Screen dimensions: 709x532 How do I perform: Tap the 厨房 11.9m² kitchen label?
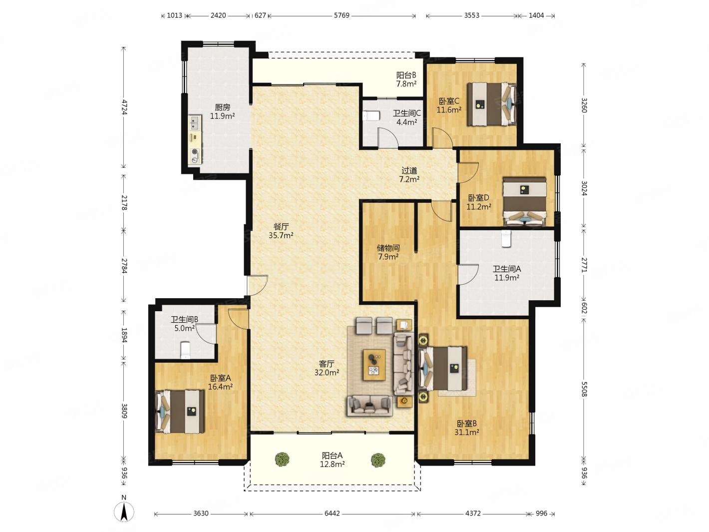pyautogui.click(x=223, y=112)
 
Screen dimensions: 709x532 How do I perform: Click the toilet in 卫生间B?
pyautogui.click(x=185, y=351)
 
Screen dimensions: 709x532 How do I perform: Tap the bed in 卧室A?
pyautogui.click(x=180, y=412)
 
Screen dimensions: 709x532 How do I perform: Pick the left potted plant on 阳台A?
pyautogui.click(x=282, y=459)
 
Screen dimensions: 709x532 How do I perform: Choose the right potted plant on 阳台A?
pyautogui.click(x=377, y=460)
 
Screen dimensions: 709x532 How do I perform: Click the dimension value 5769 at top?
pyautogui.click(x=342, y=15)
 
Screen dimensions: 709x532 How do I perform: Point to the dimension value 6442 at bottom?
pyautogui.click(x=332, y=513)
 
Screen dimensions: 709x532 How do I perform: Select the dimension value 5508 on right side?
pyautogui.click(x=584, y=389)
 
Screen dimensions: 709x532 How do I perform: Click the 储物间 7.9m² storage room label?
pyautogui.click(x=388, y=252)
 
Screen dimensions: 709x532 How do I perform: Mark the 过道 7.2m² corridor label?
pyautogui.click(x=409, y=175)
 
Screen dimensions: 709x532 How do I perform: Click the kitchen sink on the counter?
pyautogui.click(x=194, y=123)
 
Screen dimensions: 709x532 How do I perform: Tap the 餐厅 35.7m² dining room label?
pyautogui.click(x=281, y=231)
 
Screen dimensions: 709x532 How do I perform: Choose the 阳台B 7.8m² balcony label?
pyautogui.click(x=406, y=79)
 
